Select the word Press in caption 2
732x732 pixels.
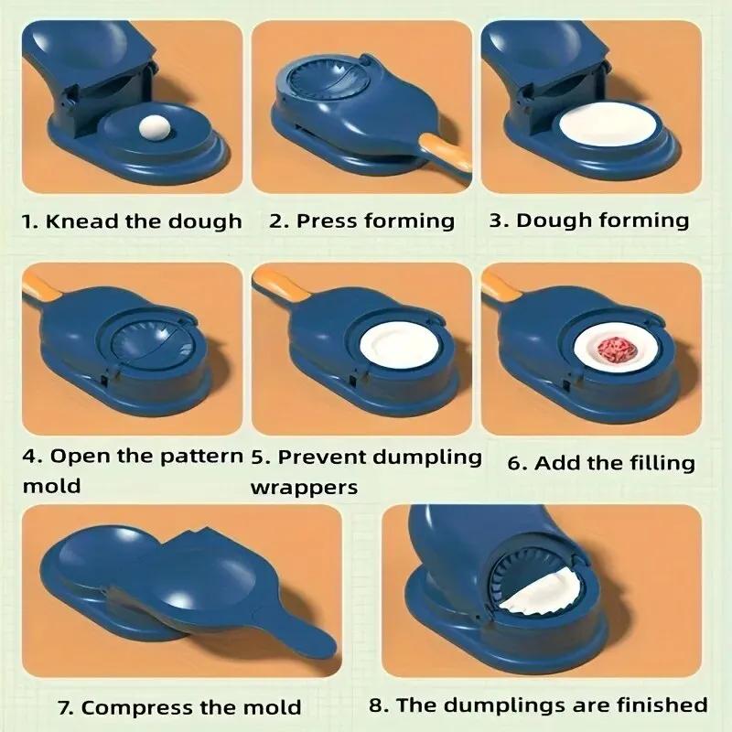click(328, 221)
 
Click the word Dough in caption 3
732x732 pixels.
click(551, 221)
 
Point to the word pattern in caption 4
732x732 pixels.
click(205, 456)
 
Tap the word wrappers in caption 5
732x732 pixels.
click(304, 487)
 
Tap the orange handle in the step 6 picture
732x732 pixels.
click(500, 285)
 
